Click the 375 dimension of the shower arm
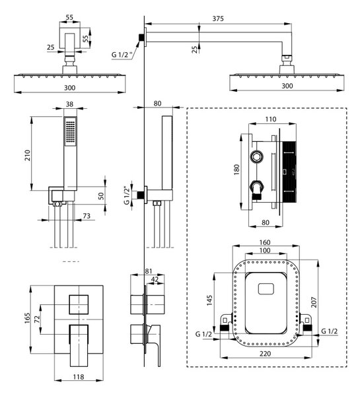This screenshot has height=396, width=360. tap(218, 18)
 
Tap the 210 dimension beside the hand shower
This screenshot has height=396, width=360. tap(27, 155)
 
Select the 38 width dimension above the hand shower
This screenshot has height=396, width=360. tap(69, 104)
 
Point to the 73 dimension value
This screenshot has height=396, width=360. tap(87, 216)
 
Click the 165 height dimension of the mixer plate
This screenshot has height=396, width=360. tap(27, 318)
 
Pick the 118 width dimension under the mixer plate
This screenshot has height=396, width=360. tap(79, 377)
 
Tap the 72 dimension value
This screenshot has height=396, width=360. tap(37, 319)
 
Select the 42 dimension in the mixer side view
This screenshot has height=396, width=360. tap(155, 279)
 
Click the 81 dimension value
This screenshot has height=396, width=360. tap(149, 271)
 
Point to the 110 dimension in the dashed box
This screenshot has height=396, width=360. tap(271, 119)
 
